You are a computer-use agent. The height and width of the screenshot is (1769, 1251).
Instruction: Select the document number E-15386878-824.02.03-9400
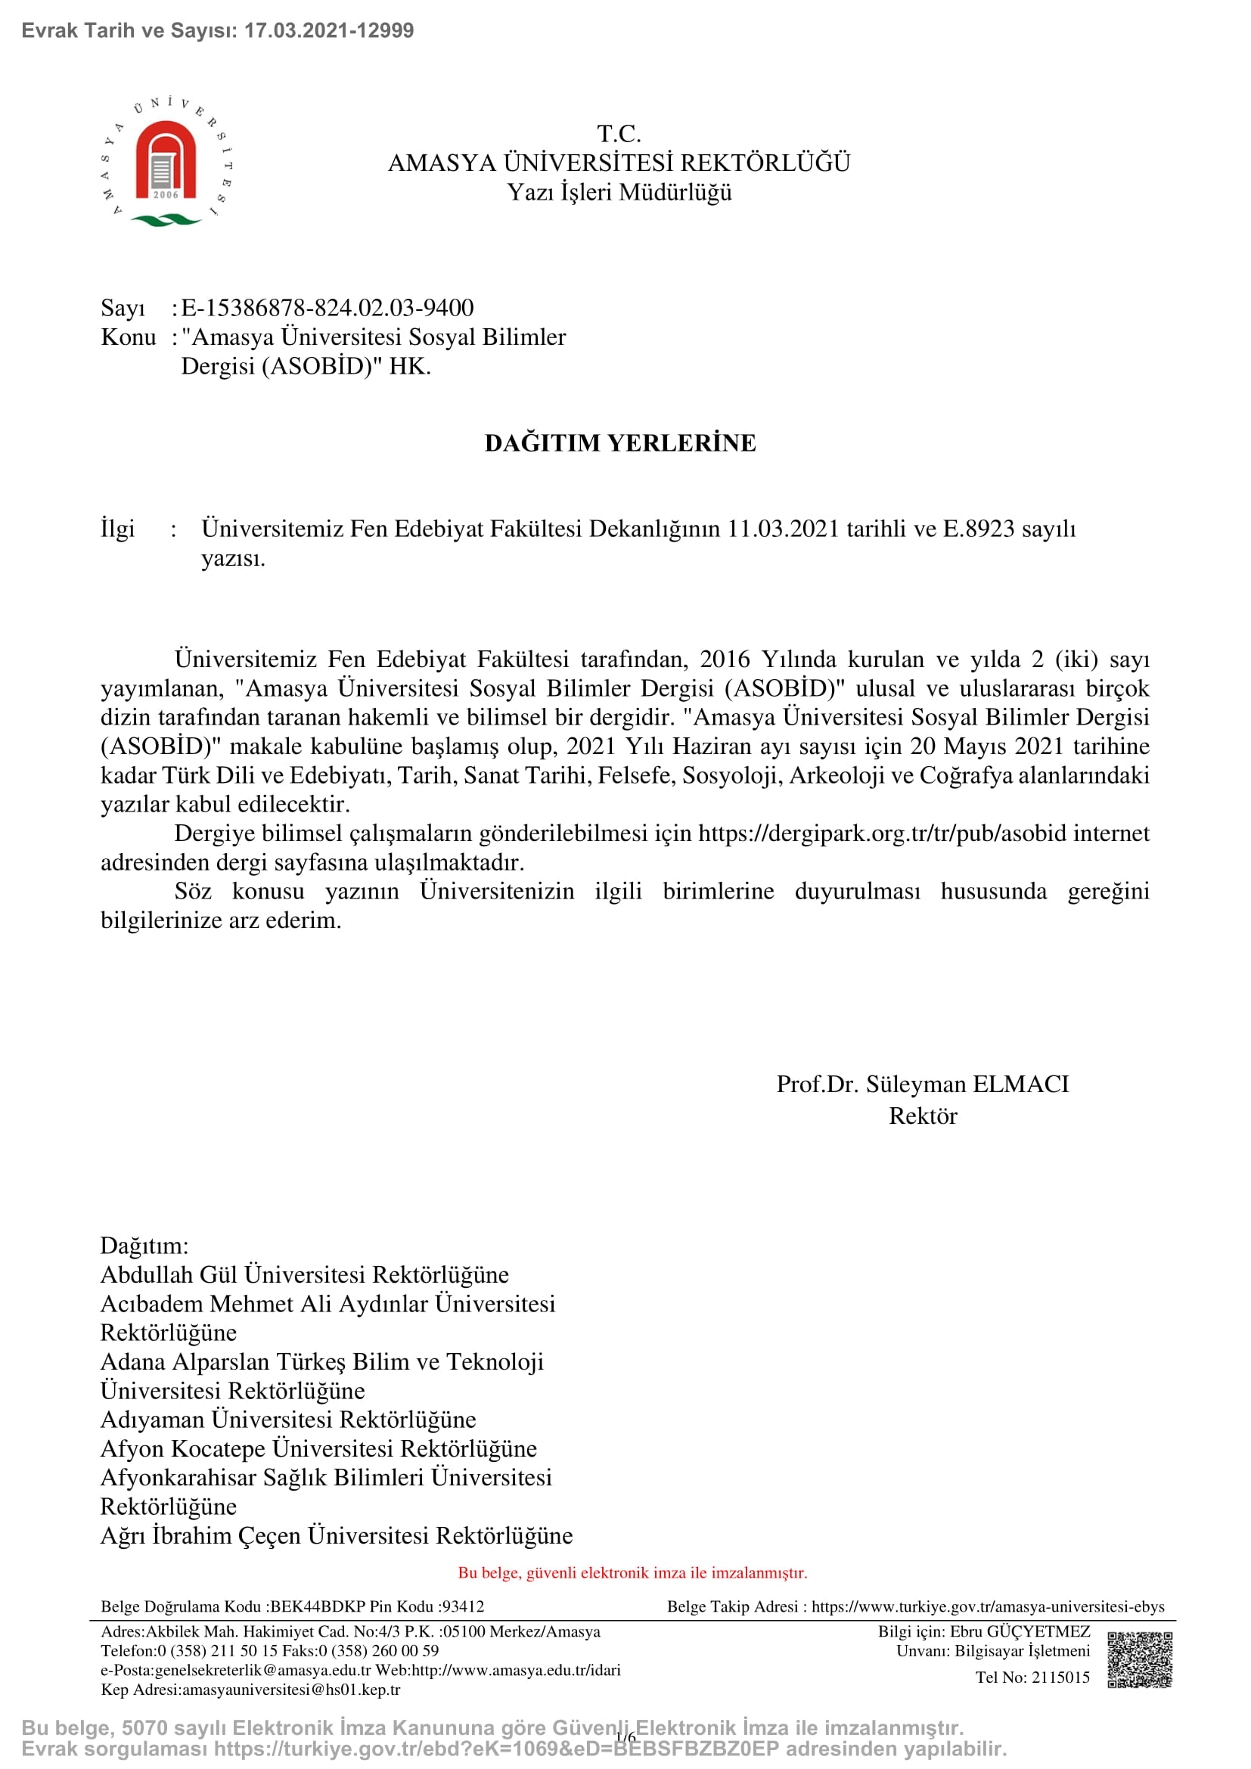pyautogui.click(x=327, y=308)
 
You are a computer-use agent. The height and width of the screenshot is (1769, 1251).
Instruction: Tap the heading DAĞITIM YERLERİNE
pyautogui.click(x=620, y=443)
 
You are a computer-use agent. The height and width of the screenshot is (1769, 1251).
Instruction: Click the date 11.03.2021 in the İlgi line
pyautogui.click(x=783, y=529)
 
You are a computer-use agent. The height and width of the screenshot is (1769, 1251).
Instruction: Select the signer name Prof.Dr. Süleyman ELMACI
pyautogui.click(x=922, y=1084)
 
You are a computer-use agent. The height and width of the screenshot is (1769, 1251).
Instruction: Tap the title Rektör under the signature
pyautogui.click(x=922, y=1116)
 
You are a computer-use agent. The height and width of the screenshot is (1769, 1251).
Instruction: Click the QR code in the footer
pyautogui.click(x=1139, y=1659)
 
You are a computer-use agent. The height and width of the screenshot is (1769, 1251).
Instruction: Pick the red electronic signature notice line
pyautogui.click(x=632, y=1573)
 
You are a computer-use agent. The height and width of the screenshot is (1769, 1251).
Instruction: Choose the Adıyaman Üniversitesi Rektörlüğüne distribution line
pyautogui.click(x=288, y=1419)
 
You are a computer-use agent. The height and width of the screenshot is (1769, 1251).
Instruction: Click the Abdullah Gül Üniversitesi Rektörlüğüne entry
pyautogui.click(x=304, y=1274)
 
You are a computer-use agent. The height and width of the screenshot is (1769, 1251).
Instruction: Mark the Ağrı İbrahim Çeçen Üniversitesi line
pyautogui.click(x=337, y=1535)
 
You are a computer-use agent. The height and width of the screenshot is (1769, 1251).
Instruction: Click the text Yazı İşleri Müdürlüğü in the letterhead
pyautogui.click(x=619, y=193)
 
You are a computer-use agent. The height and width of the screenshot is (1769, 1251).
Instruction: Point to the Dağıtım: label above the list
pyautogui.click(x=144, y=1245)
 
